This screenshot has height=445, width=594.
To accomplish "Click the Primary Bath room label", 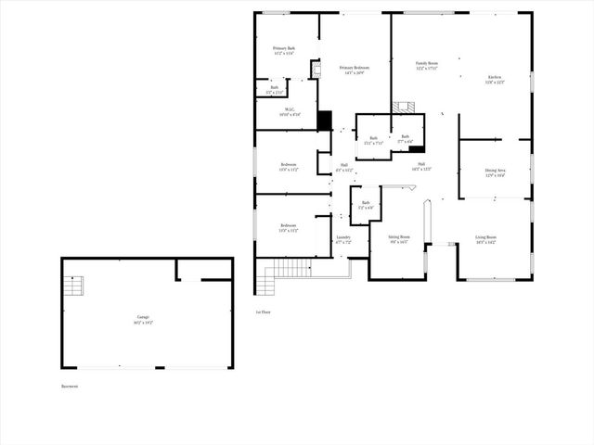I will [284, 50].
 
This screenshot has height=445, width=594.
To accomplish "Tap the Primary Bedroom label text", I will [352, 70].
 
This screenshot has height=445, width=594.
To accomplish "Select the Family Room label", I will [427, 66].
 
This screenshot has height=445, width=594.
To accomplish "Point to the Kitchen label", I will [496, 79].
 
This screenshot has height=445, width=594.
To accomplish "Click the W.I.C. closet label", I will [288, 110].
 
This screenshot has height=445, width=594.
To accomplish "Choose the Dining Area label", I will [495, 172].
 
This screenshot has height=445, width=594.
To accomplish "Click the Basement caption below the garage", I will [70, 386].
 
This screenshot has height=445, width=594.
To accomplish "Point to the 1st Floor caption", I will [264, 312].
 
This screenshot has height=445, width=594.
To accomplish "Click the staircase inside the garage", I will [76, 286].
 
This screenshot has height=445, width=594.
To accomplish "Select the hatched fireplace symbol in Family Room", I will [403, 108].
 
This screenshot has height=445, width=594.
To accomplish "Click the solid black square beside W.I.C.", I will [324, 121].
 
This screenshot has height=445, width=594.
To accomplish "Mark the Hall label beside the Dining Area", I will [421, 167].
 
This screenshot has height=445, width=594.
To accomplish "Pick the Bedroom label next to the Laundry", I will [289, 227].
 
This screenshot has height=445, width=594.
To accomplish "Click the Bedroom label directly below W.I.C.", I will [289, 167].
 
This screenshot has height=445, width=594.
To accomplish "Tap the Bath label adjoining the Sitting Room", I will [366, 205].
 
